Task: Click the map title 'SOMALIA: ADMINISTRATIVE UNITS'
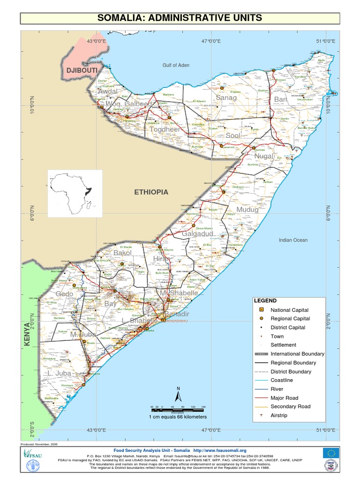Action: (180, 18)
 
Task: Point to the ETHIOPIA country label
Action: (151, 192)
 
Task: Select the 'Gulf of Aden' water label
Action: (176, 65)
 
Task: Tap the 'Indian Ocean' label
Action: (293, 240)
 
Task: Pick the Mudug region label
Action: (247, 210)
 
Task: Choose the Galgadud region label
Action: (198, 233)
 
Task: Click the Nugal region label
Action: (264, 156)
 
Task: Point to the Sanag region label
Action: (226, 97)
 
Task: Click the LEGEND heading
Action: (265, 300)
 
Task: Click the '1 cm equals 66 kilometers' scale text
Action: (178, 417)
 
